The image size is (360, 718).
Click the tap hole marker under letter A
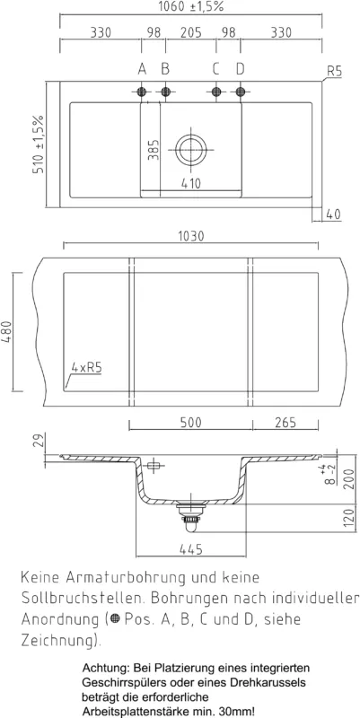142,92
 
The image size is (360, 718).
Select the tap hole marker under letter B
166,92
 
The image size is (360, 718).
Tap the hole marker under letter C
216,92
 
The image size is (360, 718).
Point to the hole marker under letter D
241,92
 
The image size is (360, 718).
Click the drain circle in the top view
191,149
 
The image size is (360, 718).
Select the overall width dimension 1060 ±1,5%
190,6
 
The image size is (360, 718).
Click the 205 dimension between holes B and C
190,32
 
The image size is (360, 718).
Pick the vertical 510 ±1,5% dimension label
39,144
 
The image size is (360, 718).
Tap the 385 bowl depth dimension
154,149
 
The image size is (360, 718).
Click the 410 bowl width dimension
190,183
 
